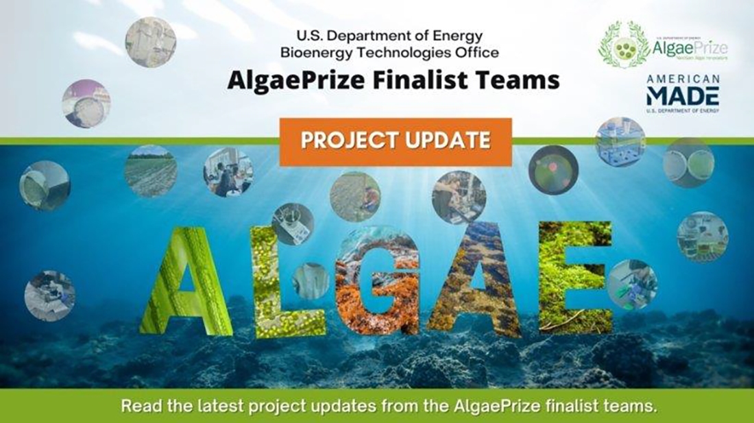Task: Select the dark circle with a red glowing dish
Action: click(553, 169)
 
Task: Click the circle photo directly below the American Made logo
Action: click(620, 142)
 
